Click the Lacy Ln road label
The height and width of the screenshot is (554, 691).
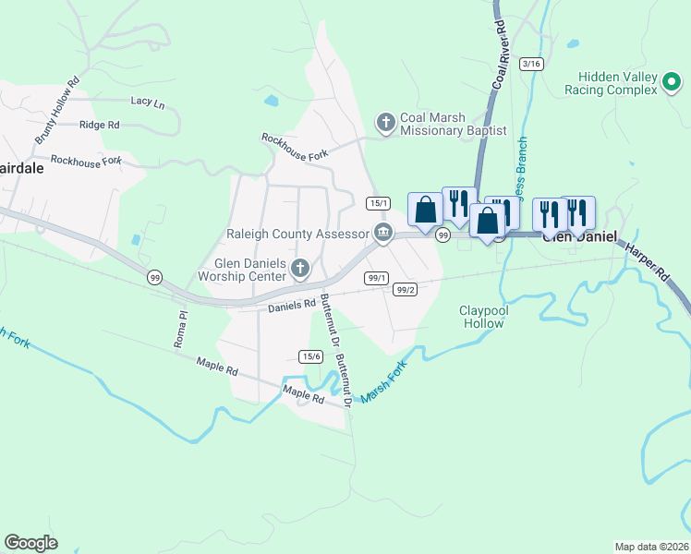coord(148,102)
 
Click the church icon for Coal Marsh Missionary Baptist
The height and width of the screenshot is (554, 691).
coord(386,122)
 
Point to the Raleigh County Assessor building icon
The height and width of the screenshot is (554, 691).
coord(382,231)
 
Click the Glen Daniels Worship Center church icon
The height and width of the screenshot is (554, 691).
coord(299,269)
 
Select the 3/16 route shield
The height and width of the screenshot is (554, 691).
coord(531,63)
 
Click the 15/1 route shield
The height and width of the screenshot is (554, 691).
coord(377,203)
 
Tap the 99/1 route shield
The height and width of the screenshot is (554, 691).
coord(376,278)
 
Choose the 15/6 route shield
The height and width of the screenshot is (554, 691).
coord(310,356)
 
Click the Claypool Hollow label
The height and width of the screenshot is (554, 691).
coord(483,318)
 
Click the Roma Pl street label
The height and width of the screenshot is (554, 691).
coord(182,329)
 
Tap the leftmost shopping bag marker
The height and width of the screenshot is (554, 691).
coord(425,210)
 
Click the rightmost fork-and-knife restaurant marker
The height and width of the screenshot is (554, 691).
coord(576,213)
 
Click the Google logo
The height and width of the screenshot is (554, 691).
coord(31,542)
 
